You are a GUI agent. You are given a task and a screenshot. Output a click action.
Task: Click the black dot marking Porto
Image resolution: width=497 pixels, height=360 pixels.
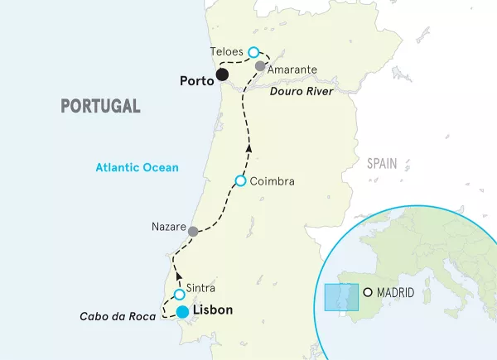point(222,76)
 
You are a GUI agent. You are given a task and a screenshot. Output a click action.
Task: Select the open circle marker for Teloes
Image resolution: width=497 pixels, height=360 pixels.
point(253,51)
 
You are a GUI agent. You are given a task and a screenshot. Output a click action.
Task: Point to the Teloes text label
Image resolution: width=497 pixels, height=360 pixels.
point(227,51)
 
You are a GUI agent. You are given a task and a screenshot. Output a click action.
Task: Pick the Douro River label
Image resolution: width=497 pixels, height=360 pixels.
point(301,91)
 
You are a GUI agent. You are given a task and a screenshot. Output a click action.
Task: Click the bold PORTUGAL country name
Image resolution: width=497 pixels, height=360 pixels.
point(99,106)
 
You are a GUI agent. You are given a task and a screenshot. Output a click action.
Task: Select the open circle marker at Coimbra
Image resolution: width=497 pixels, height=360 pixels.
point(240,180)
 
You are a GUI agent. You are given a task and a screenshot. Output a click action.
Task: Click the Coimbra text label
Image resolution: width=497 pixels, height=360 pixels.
point(272,181)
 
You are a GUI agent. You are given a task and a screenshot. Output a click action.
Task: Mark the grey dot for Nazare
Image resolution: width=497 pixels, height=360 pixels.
point(193,232)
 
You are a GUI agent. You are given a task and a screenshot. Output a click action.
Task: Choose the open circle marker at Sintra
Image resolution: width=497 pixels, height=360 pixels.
point(179,295)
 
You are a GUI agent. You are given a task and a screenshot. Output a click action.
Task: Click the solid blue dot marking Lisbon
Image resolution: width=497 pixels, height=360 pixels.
point(182,312)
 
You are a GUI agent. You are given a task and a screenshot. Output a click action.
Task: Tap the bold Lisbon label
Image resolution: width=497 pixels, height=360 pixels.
point(212,310)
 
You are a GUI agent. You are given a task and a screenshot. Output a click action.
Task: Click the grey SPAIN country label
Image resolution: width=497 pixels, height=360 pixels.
point(383,164)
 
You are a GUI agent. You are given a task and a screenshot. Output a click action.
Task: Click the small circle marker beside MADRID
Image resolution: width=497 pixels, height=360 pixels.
point(369,292)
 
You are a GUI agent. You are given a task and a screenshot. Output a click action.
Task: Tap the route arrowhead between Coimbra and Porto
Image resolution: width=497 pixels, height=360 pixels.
point(249,147)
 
